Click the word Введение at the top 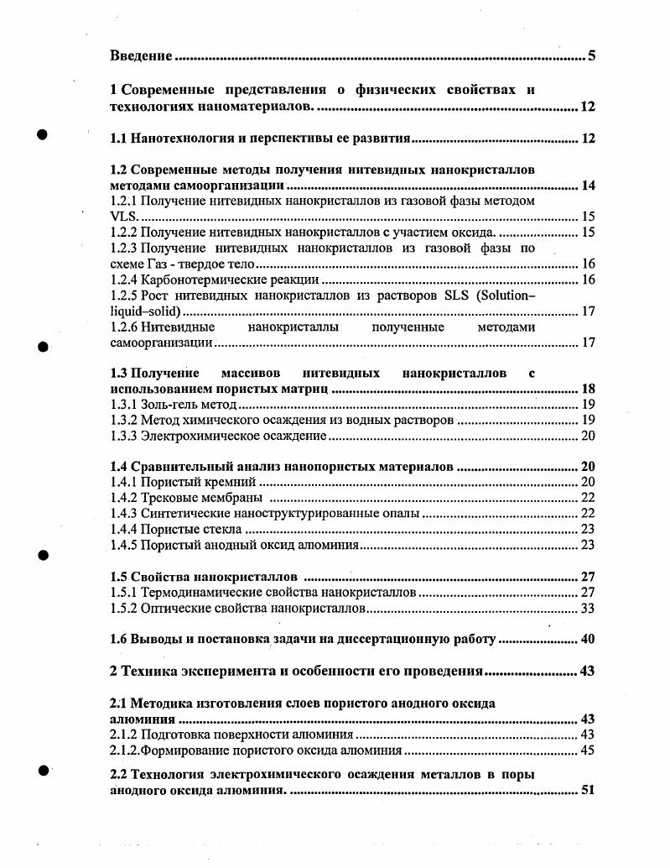coord(142,56)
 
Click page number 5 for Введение coord(591,56)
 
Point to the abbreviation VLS coord(122,217)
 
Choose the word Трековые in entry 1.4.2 coord(168,498)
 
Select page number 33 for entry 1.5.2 coord(587,609)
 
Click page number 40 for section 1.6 coord(587,640)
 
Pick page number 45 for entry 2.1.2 coord(587,750)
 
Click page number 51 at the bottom coord(587,790)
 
